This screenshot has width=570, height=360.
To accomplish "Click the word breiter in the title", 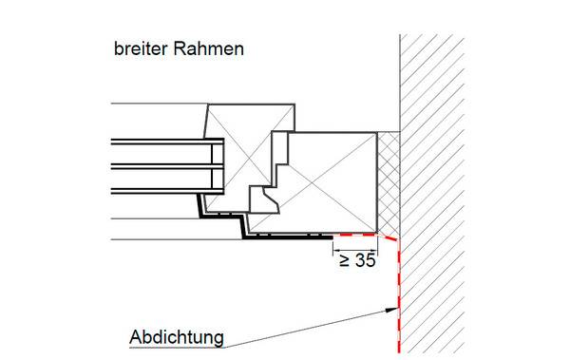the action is (x=141, y=48).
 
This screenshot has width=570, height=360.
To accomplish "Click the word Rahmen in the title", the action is (x=209, y=48).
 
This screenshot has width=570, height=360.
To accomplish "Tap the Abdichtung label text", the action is (x=177, y=337).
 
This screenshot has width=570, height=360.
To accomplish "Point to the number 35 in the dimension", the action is (x=366, y=260).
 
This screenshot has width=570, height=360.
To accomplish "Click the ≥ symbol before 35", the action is (x=345, y=260).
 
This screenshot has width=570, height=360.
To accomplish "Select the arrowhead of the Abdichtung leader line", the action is (x=391, y=311).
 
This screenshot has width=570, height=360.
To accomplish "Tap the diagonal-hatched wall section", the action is (x=432, y=194).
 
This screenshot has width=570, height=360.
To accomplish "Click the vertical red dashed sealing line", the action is (x=399, y=296).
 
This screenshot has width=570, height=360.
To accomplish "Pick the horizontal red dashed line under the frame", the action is (x=355, y=235).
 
